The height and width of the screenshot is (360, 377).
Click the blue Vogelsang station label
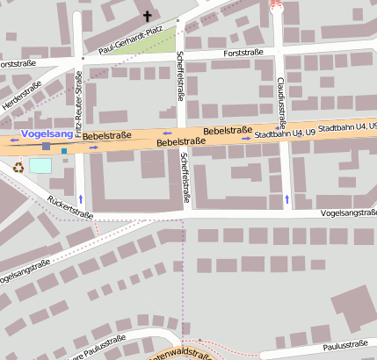pos(45,133)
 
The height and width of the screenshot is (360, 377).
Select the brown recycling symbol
pos(18,165)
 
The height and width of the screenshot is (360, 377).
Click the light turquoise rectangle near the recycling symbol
pos(40,165)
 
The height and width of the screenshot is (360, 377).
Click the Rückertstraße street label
pos(70,207)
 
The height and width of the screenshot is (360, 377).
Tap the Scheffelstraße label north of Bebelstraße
pos(179,76)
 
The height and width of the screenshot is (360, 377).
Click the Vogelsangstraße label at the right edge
pos(348,212)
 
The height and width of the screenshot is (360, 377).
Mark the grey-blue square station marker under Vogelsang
pos(46,146)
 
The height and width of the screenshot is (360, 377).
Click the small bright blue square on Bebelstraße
pos(63,151)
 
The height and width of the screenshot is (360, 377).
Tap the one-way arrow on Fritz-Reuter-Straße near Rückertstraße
pos(81,198)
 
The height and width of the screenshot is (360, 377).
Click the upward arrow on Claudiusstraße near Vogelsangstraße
pos(286,200)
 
